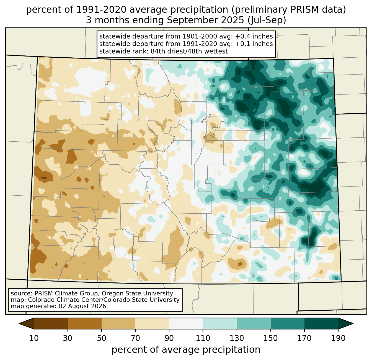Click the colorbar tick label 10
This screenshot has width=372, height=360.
(34, 338)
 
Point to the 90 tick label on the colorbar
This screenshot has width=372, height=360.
(169, 338)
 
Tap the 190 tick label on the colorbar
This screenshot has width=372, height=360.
(338, 338)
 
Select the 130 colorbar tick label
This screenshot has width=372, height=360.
(237, 338)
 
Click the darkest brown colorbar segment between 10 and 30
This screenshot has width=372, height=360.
(51, 323)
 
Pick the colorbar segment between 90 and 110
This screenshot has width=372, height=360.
(186, 323)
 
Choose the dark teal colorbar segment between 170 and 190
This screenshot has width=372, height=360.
(321, 323)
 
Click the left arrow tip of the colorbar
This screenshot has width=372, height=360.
(19, 323)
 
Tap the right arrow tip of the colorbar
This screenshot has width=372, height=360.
(353, 323)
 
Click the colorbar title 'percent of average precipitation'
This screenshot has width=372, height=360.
(186, 349)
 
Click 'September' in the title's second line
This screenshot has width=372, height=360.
(193, 21)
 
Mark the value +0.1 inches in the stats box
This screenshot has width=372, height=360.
(254, 44)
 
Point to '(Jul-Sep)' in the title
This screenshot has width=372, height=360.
(267, 21)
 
